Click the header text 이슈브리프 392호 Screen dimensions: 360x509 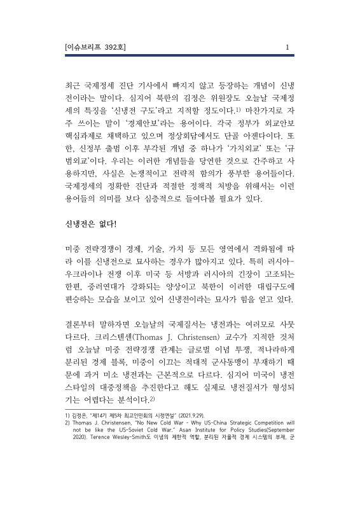point(96,46)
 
